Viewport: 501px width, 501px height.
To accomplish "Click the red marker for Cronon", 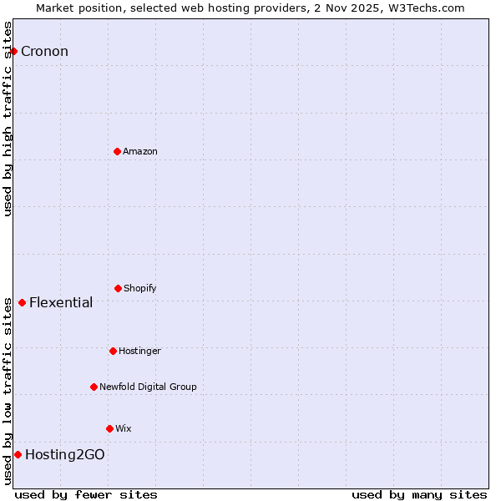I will pyautogui.click(x=13, y=52).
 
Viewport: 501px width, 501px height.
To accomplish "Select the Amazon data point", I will pyautogui.click(x=117, y=151).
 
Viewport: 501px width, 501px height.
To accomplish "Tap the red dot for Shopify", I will pyautogui.click(x=118, y=288).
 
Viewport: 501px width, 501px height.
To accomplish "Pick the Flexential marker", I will pyautogui.click(x=22, y=302).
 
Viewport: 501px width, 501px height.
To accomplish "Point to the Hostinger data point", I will pyautogui.click(x=113, y=351).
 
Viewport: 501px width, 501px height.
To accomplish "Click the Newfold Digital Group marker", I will pyautogui.click(x=94, y=387).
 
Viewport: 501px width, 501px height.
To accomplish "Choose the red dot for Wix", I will pyautogui.click(x=109, y=428).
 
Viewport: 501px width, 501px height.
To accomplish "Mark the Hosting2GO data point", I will pyautogui.click(x=18, y=454).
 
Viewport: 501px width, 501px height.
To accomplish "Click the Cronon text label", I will pyautogui.click(x=44, y=52).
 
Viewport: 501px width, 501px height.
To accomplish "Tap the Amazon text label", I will pyautogui.click(x=140, y=151).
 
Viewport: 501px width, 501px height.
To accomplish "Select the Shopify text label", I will pyautogui.click(x=140, y=288).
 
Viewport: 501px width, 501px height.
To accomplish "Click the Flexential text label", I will pyautogui.click(x=61, y=302).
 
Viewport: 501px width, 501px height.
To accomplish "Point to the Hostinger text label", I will pyautogui.click(x=139, y=351).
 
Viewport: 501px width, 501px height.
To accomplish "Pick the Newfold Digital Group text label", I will pyautogui.click(x=148, y=387).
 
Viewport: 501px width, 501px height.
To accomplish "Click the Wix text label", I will pyautogui.click(x=124, y=428).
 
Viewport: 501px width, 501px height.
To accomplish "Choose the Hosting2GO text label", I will pyautogui.click(x=65, y=454).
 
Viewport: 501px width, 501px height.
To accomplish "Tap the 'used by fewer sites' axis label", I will pyautogui.click(x=86, y=494).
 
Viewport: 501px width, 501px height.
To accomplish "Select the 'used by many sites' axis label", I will pyautogui.click(x=419, y=494).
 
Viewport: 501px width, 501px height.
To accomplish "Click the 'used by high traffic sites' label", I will pyautogui.click(x=8, y=119).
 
